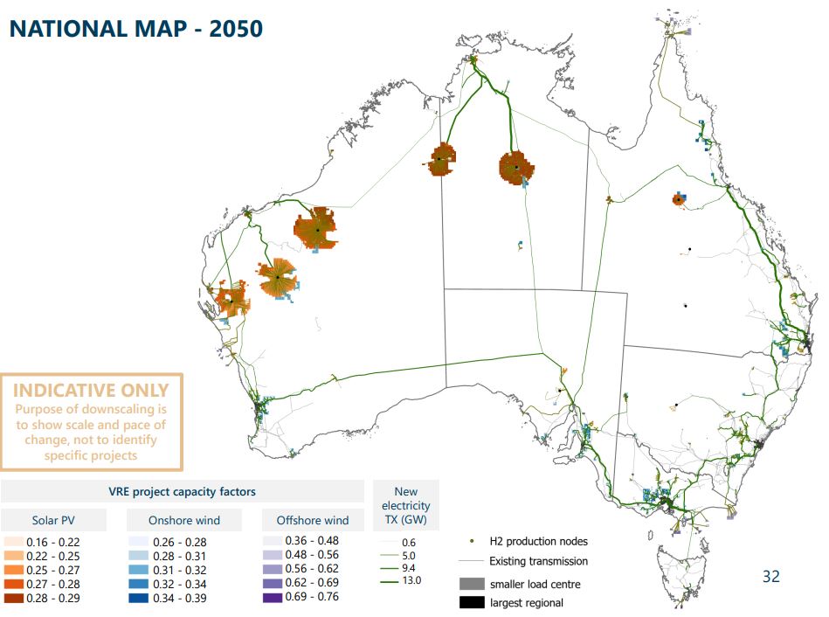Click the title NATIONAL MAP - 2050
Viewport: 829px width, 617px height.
pyautogui.click(x=135, y=28)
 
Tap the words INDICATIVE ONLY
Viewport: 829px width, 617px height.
pyautogui.click(x=91, y=390)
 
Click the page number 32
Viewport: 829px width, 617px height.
pyautogui.click(x=770, y=576)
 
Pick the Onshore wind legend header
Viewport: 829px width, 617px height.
pyautogui.click(x=183, y=520)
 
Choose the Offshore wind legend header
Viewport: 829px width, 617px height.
pyautogui.click(x=312, y=520)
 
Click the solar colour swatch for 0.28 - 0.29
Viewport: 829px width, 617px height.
pyautogui.click(x=12, y=599)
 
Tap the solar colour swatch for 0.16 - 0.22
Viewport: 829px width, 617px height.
pyautogui.click(x=12, y=543)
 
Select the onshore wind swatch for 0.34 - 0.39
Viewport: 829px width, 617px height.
pyautogui.click(x=137, y=599)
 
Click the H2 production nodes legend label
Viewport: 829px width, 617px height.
pyautogui.click(x=538, y=542)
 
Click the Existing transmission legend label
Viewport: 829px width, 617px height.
pyautogui.click(x=538, y=561)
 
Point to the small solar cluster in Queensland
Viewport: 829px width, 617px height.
pyautogui.click(x=678, y=199)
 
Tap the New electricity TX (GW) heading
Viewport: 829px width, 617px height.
pyautogui.click(x=405, y=505)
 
